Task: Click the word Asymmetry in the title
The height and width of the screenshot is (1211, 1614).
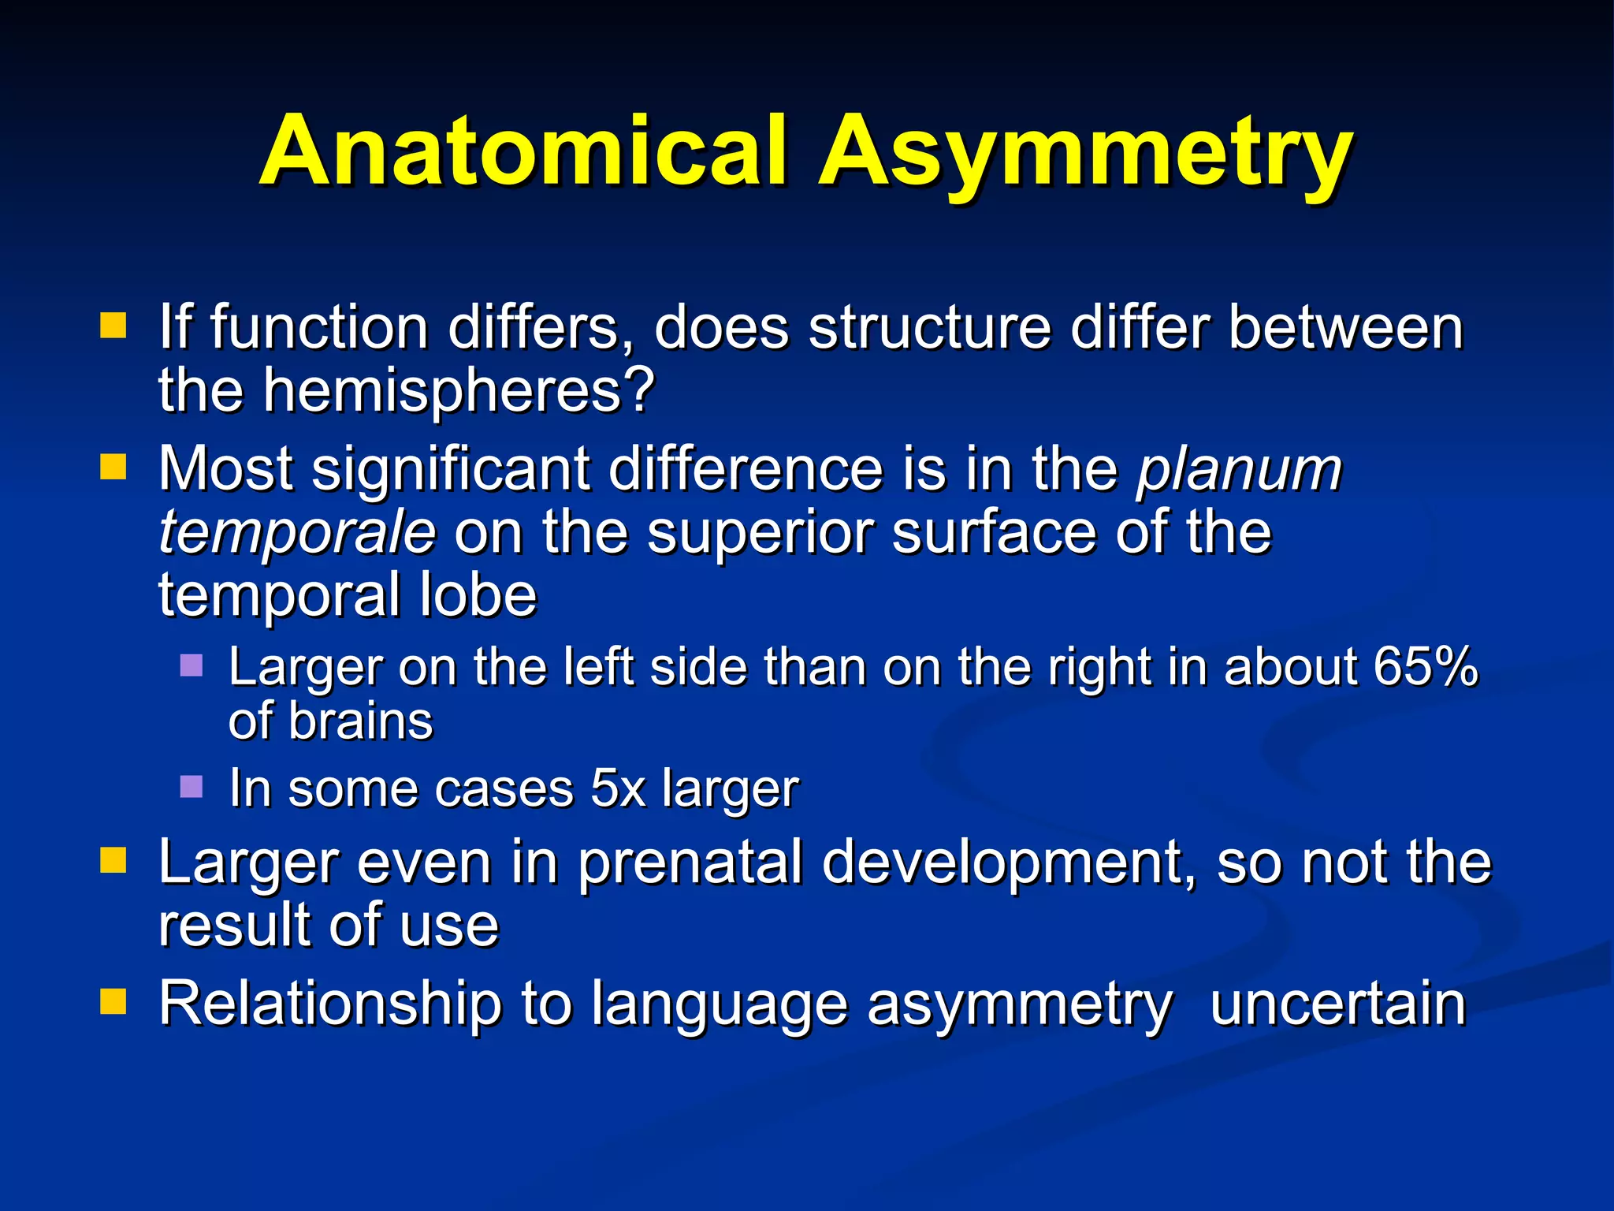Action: [1085, 154]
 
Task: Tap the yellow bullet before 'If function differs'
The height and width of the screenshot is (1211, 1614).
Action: [113, 325]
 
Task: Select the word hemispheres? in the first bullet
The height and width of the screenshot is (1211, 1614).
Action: [459, 392]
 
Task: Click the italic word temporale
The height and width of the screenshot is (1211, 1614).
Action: [297, 532]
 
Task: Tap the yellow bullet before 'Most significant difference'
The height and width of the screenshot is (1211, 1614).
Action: [113, 467]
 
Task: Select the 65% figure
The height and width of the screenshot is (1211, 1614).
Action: [1425, 666]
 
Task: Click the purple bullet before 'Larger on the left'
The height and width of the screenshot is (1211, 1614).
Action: [192, 666]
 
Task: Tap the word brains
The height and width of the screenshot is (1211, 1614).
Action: [360, 721]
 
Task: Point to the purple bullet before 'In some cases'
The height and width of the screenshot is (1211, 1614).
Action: [192, 786]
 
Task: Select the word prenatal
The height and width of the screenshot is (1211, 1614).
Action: [691, 863]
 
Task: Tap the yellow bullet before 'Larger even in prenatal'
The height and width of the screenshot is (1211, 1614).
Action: [113, 861]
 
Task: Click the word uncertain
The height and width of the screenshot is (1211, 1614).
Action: [1337, 1003]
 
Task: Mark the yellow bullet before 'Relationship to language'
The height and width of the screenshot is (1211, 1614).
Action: [113, 1001]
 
